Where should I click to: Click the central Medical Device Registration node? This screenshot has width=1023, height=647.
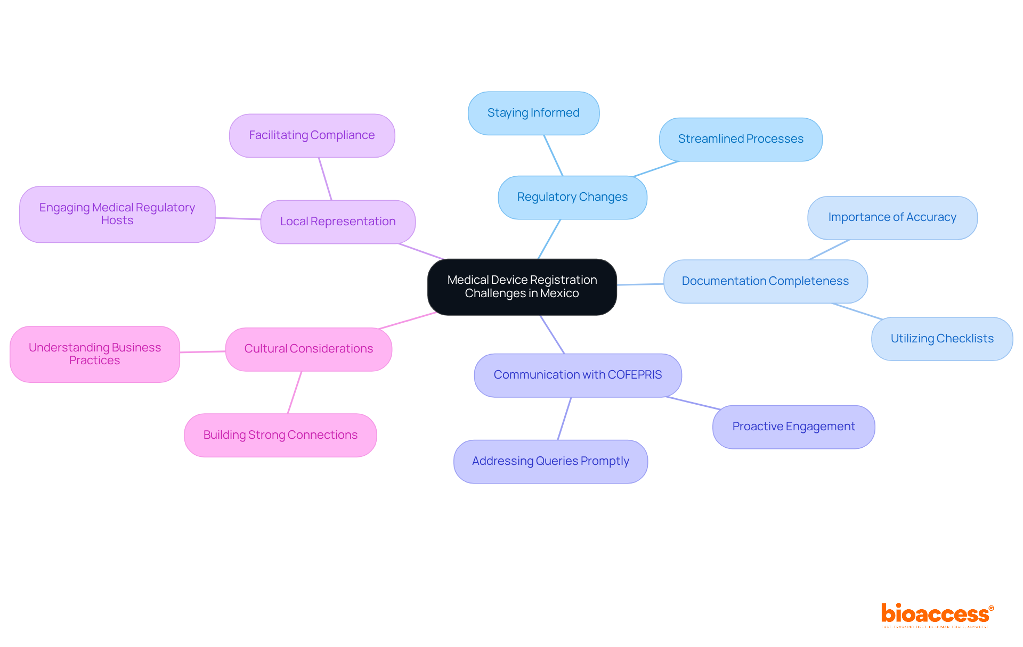tap(522, 287)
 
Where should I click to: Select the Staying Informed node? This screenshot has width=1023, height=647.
tap(533, 113)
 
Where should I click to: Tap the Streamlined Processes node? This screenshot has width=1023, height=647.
tap(741, 139)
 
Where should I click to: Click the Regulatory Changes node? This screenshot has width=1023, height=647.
tap(572, 197)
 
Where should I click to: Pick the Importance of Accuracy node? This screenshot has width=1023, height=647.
tap(892, 217)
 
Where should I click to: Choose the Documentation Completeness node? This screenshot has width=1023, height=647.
tap(765, 281)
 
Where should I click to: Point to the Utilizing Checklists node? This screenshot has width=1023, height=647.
tap(941, 339)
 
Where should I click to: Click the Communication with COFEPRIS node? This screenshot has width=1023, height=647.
tap(578, 375)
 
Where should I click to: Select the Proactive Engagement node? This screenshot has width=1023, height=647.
tap(793, 427)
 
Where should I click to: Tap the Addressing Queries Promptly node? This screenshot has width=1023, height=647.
tap(550, 461)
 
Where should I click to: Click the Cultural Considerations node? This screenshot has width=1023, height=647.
tap(308, 349)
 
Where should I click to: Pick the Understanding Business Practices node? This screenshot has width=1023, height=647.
tap(95, 354)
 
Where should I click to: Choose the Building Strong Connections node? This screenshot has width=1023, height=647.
tap(280, 435)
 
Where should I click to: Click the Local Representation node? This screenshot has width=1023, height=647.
tap(338, 222)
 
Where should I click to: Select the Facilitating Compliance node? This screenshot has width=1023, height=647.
tap(312, 135)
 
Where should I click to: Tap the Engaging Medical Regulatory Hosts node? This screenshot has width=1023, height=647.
tap(117, 214)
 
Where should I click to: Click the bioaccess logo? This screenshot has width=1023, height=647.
tap(937, 615)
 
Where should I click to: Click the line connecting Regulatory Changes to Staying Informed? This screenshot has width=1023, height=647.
tap(553, 155)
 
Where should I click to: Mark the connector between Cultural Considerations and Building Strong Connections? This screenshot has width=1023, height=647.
tap(295, 392)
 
